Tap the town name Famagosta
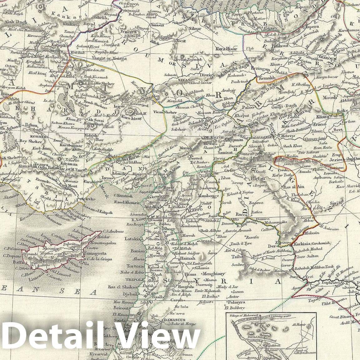click(x=95, y=254)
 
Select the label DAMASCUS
click(x=175, y=320)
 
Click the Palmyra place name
click(x=238, y=302)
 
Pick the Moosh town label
click(x=330, y=97)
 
